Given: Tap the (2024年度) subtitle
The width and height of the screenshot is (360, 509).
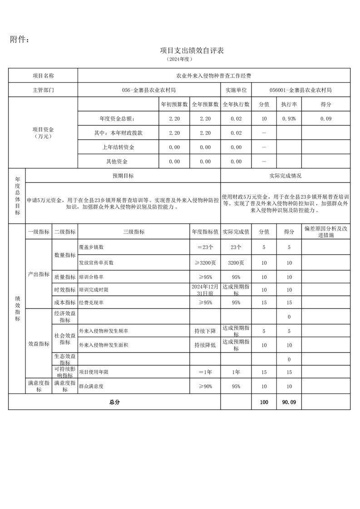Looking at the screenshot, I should (x=180, y=59).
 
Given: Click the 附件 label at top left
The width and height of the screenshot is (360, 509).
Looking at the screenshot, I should (x=20, y=40).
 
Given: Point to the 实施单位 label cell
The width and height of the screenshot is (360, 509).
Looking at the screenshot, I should (x=236, y=90).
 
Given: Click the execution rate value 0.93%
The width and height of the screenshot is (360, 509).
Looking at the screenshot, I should (x=289, y=118).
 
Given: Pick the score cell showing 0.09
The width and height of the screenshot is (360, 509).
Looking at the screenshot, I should (x=325, y=118).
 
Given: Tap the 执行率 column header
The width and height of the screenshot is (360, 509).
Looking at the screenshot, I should (x=289, y=104).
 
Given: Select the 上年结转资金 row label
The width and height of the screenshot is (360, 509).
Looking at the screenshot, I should (x=118, y=147).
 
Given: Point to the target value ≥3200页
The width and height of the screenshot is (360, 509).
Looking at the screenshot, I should (x=205, y=263).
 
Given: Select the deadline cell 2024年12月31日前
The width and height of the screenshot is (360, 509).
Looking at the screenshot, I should (x=205, y=290).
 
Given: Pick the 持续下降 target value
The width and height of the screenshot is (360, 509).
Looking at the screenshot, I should (x=205, y=332).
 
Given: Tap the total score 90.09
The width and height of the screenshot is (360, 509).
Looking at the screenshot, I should (x=289, y=402).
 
